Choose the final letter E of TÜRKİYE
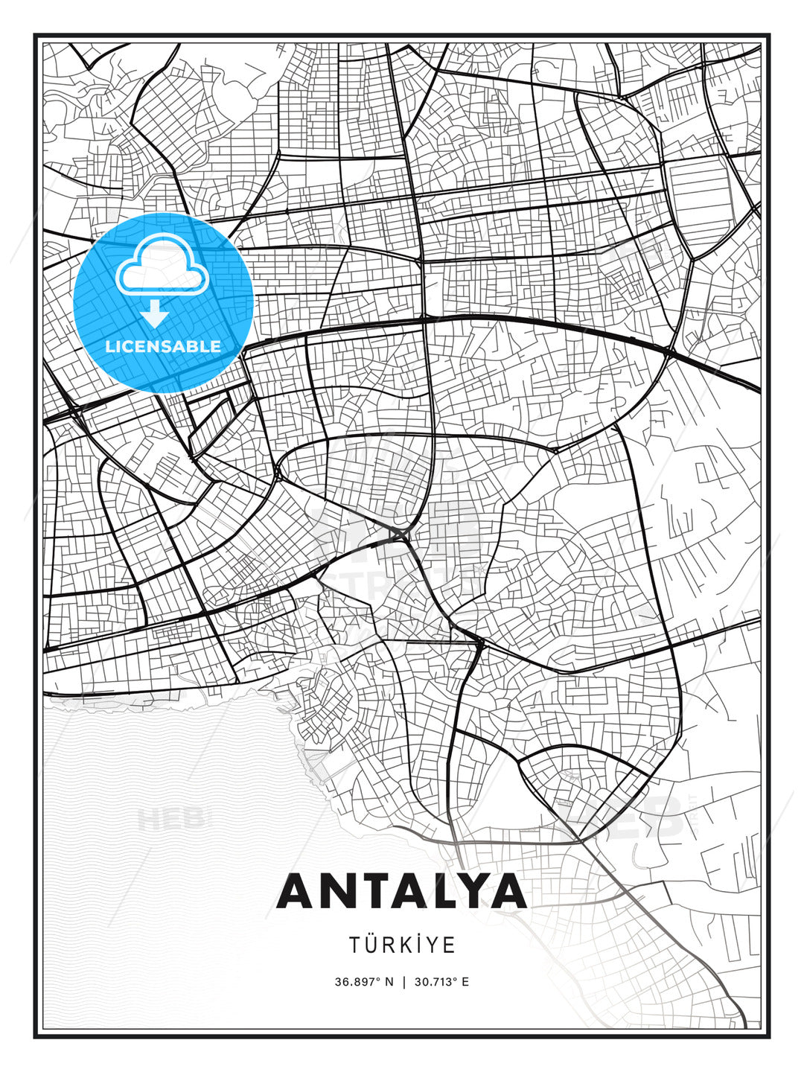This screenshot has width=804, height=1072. (x=450, y=945)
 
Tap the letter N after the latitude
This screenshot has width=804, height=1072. (x=389, y=981)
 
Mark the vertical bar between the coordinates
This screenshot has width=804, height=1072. (x=403, y=981)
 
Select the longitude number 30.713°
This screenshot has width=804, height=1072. (x=437, y=981)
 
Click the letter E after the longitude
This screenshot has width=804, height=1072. (x=465, y=981)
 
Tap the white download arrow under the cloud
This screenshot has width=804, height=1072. (x=155, y=313)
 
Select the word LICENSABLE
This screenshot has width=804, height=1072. (x=163, y=346)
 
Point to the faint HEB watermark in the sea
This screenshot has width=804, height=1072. (x=170, y=819)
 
